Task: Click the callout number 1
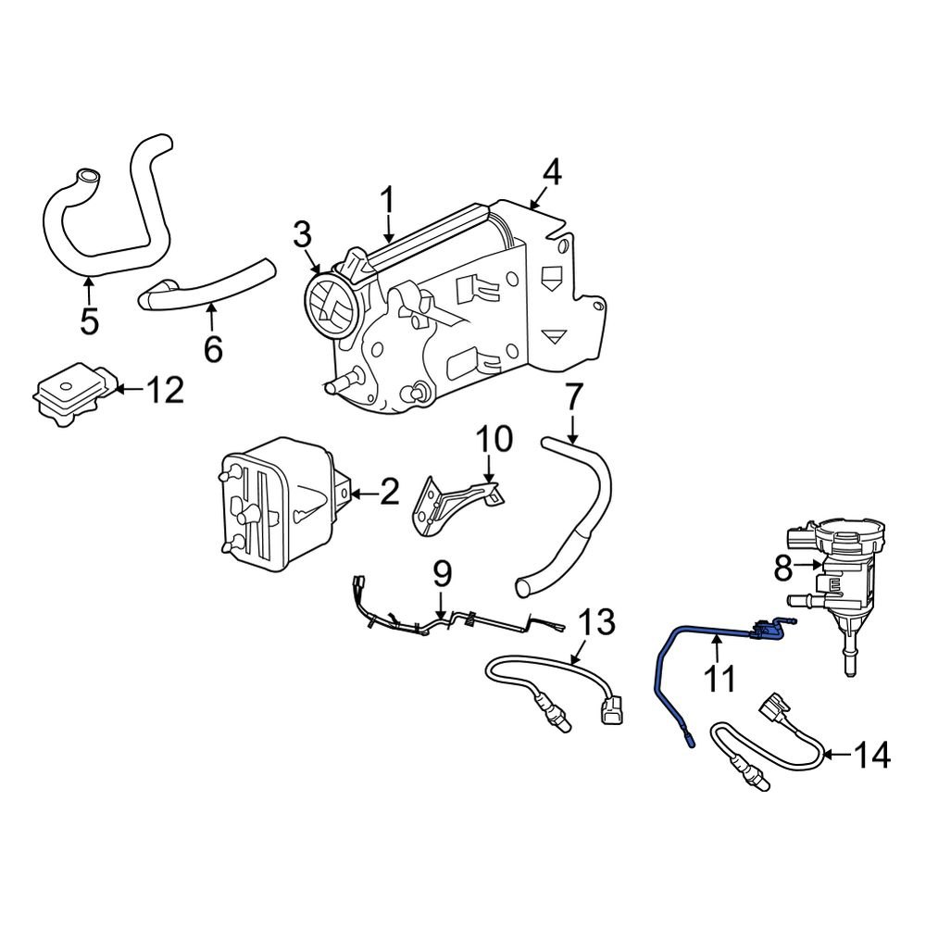[x=389, y=199]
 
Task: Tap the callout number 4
[x=552, y=171]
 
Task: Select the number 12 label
[x=164, y=391]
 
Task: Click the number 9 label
[x=442, y=574]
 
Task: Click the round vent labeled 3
[x=331, y=305]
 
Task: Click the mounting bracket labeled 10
[x=454, y=505]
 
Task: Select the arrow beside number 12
[x=130, y=391]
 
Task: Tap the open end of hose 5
[x=86, y=175]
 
